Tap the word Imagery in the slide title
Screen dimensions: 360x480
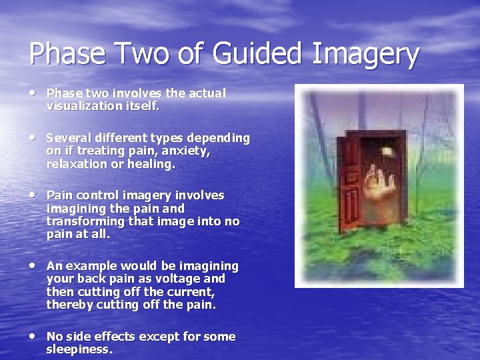point(363,55)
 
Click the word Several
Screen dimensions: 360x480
point(67,138)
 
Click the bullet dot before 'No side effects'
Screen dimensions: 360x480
point(33,335)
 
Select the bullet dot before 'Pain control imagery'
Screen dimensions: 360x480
point(33,194)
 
